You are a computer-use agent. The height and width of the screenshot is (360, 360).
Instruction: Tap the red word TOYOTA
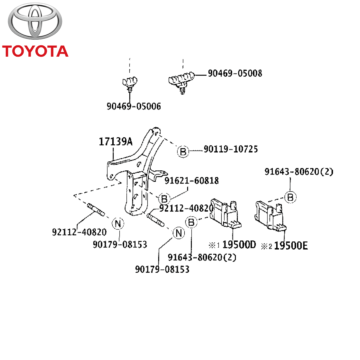coord(35,51)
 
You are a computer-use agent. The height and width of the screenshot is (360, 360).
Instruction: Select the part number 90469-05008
coord(235,73)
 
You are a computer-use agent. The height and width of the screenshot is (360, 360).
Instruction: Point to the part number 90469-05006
coord(134,106)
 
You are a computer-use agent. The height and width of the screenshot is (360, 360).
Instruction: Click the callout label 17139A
coord(115,142)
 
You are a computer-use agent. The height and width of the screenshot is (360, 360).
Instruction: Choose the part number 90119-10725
coord(231,149)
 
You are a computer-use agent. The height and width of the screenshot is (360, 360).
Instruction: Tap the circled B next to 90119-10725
coord(183,152)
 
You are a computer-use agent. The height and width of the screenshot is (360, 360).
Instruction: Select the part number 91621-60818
coord(192,181)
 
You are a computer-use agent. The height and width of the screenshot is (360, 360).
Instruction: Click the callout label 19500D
coord(239,245)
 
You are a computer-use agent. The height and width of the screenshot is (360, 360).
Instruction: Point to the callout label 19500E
coord(291,246)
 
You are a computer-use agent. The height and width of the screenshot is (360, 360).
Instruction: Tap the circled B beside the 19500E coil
coord(290,197)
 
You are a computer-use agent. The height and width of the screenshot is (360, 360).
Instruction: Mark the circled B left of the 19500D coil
coord(191,222)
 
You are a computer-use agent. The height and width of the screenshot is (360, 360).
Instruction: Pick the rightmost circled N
coord(178,233)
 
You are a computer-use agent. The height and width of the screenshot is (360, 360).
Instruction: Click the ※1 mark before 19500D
coord(214,246)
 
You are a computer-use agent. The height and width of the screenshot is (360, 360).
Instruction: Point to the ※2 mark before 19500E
coord(266,247)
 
